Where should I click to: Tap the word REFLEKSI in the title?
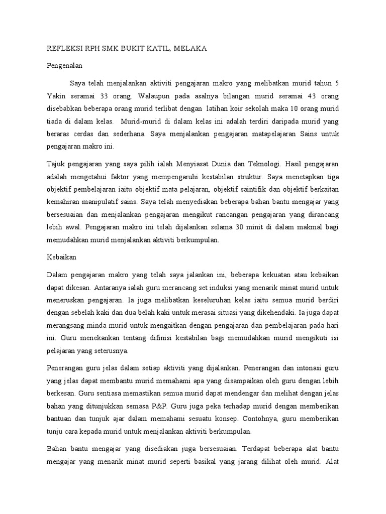[64, 48]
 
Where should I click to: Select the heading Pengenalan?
[64, 65]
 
